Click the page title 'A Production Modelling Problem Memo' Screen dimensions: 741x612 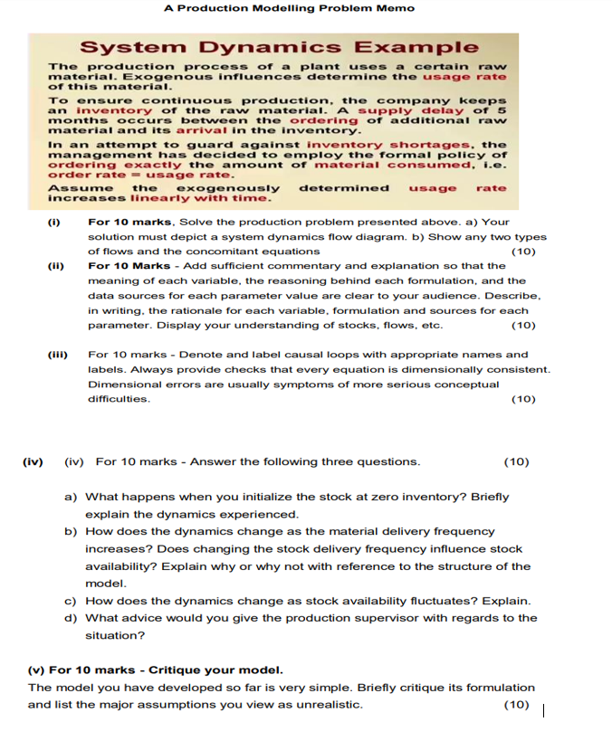coord(289,8)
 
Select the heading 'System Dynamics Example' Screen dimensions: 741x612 coord(279,47)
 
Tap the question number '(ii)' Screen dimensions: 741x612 coord(55,266)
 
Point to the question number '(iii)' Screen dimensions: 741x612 coord(57,355)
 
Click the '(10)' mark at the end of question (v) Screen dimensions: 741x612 coord(516,705)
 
